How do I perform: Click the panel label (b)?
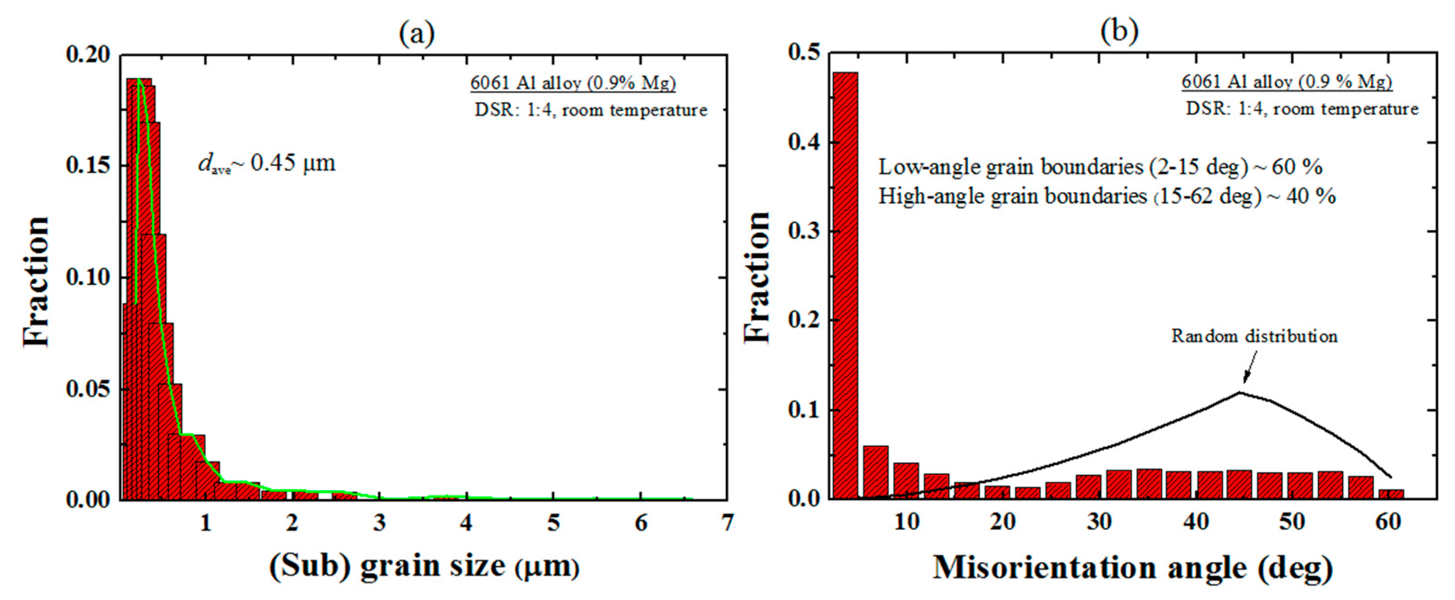[1119, 31]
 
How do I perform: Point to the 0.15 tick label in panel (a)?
[88, 165]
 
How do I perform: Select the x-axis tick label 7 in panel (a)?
[727, 523]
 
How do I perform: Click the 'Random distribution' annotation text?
[1254, 337]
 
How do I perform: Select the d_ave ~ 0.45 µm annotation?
[267, 163]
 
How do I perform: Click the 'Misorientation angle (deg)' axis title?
[1132, 567]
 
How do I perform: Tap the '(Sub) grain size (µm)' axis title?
[424, 566]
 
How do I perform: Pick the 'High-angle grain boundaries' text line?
[1106, 196]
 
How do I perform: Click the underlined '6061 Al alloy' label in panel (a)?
[573, 83]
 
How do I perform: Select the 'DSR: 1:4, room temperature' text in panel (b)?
[1302, 108]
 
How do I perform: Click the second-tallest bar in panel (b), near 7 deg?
[876, 472]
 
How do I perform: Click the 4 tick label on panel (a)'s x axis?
[466, 523]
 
